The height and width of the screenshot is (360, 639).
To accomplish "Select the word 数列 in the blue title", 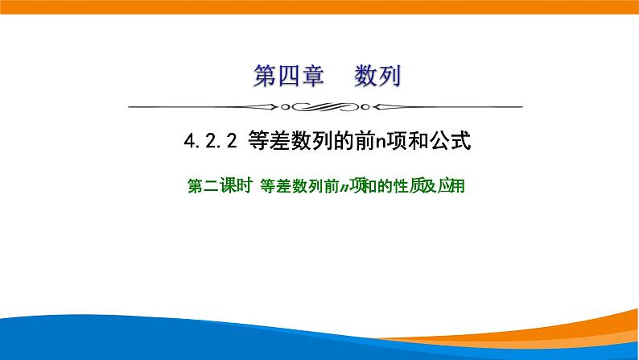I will [x=377, y=78].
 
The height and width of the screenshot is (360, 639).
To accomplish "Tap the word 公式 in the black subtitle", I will [x=451, y=143].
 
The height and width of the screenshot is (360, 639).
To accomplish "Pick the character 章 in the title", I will [x=312, y=78].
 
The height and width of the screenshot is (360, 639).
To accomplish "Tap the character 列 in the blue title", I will [x=390, y=78].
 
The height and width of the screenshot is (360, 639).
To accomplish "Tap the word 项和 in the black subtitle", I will [x=409, y=143].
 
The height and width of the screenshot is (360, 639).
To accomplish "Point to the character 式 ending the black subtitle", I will [x=460, y=143].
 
